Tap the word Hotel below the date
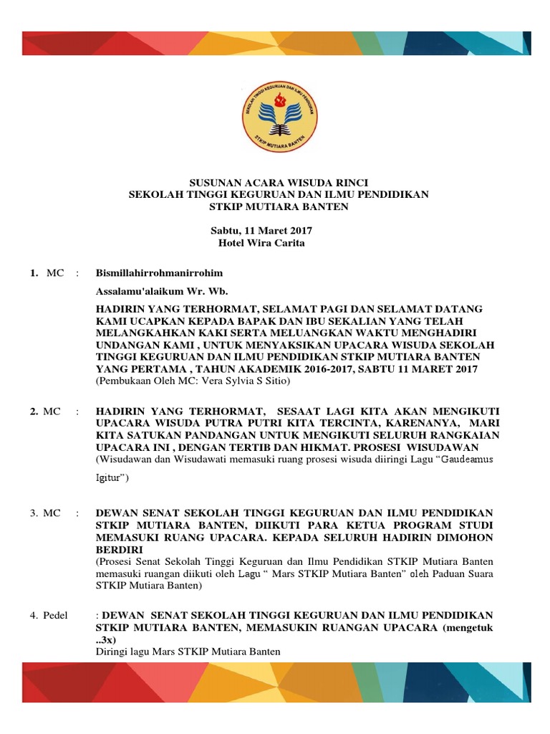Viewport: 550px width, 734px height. (232, 243)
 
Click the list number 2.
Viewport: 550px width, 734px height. (34, 411)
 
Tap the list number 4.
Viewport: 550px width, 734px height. (34, 616)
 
